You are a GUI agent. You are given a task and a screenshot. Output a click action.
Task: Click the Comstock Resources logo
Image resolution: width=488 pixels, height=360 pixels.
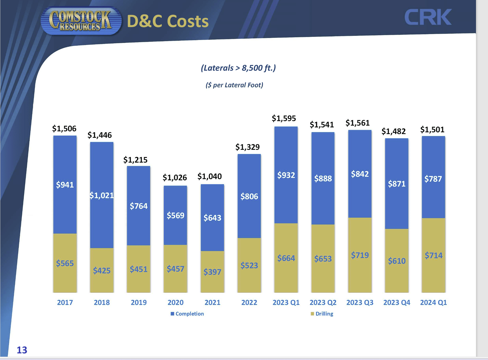(x=81, y=20)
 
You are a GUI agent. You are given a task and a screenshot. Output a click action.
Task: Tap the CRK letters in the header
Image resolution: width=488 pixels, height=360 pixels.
(x=428, y=17)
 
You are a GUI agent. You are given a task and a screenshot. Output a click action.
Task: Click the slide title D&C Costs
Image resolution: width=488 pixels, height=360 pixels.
(x=168, y=21)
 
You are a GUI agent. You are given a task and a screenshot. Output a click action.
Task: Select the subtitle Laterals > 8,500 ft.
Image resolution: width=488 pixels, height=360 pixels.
(x=238, y=68)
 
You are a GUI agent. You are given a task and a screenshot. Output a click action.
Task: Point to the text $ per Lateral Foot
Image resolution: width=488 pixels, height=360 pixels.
(x=234, y=85)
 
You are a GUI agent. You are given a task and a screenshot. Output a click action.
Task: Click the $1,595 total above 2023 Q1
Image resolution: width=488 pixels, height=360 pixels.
(x=284, y=118)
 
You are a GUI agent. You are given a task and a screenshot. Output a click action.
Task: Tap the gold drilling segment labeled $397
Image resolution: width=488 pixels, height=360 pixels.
(x=212, y=272)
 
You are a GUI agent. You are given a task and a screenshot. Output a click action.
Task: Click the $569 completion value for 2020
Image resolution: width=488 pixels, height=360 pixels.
(x=175, y=215)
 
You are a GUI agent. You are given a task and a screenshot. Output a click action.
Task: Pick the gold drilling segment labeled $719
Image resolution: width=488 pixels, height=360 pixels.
(x=360, y=255)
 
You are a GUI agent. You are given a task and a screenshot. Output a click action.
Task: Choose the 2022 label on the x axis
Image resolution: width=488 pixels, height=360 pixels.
(x=249, y=303)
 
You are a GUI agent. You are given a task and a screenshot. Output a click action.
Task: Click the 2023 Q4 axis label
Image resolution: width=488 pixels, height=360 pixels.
(x=396, y=303)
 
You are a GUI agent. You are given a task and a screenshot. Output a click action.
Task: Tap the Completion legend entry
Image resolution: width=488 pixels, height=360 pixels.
(x=187, y=314)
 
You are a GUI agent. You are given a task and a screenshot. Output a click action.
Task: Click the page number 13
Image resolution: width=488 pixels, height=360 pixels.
(x=22, y=350)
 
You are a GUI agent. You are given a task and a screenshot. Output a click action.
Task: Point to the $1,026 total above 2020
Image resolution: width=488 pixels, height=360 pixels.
(x=175, y=177)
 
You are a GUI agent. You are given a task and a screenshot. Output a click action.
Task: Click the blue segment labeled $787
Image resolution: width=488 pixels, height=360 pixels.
(x=433, y=179)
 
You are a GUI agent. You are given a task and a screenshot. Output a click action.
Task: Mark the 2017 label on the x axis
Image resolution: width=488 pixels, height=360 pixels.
(x=65, y=303)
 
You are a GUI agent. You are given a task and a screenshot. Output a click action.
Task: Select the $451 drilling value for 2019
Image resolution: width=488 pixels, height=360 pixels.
(x=139, y=269)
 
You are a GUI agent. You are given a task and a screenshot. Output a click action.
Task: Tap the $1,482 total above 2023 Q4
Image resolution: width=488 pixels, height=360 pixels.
(x=393, y=131)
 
